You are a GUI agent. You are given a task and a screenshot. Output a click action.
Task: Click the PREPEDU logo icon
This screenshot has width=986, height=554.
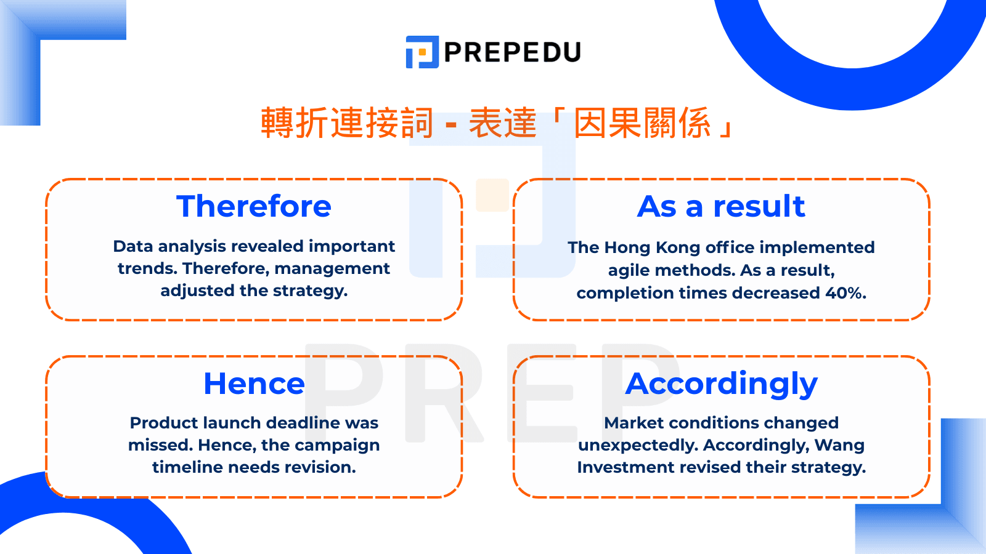tap(422, 52)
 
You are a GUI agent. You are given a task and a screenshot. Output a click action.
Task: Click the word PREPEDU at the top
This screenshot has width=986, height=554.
tap(513, 52)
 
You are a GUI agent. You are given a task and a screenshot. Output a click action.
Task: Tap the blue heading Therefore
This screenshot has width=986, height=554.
tap(253, 206)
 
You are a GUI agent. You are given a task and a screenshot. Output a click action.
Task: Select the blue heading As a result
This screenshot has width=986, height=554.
tap(721, 206)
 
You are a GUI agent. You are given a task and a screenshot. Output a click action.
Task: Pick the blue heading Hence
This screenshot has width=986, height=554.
tap(254, 384)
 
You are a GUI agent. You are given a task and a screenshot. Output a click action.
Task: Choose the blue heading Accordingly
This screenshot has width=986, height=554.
tap(722, 385)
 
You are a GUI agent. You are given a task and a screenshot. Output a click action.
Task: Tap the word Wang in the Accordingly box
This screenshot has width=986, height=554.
tap(839, 446)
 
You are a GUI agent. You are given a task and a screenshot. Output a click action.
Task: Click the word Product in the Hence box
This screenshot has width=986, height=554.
tap(164, 423)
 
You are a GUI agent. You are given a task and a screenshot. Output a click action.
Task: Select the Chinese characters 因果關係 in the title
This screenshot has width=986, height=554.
tap(643, 123)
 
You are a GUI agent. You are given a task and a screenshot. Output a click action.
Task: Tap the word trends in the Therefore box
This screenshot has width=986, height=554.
tap(147, 268)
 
